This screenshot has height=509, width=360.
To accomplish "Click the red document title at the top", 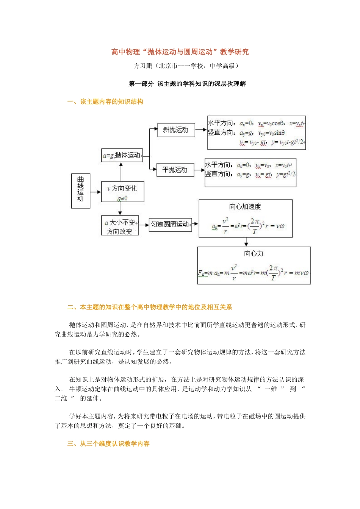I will point(180,52).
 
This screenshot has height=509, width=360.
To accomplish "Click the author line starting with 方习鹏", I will point(186,66).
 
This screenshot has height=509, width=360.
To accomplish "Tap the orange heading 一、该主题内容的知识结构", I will point(105,101).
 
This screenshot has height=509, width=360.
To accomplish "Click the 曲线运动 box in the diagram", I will point(81,191).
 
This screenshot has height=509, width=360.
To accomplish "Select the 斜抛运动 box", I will point(176,130).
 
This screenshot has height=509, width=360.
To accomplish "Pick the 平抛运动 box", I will point(175,170).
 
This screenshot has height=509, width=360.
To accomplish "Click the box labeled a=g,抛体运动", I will point(122,155).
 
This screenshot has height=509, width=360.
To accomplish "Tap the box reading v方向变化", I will point(122,192).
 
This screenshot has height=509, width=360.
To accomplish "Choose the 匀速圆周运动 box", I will point(170,224).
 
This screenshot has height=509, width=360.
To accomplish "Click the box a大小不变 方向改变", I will point(120,226).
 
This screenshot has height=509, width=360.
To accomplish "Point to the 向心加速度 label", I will point(245,206).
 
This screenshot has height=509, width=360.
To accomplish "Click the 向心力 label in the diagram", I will point(254,253).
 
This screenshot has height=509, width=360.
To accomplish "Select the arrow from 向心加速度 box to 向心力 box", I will point(246,242).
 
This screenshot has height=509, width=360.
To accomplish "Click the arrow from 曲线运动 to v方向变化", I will point(96,192).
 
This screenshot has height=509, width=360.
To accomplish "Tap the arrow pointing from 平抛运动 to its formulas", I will point(199,170).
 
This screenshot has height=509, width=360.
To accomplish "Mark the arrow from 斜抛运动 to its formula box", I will point(201,130).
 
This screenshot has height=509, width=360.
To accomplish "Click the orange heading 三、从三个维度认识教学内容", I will point(108,443).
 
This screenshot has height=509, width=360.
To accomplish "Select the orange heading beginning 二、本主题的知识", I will point(150,307).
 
